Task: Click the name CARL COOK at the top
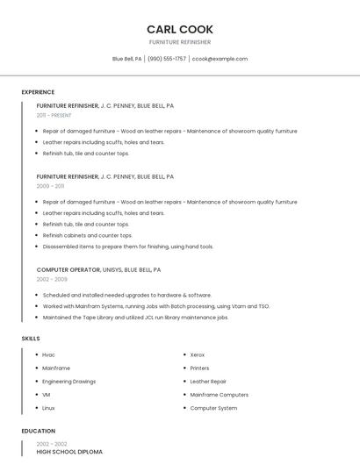pyautogui.click(x=179, y=30)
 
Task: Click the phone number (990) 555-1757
pyautogui.click(x=167, y=59)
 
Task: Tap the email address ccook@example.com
pyautogui.click(x=220, y=59)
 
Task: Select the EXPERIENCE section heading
pyautogui.click(x=38, y=92)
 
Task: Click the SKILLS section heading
pyautogui.click(x=31, y=338)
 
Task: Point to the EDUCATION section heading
pyautogui.click(x=38, y=431)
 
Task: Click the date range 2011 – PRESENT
pyautogui.click(x=54, y=115)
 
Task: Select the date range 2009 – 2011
pyautogui.click(x=50, y=186)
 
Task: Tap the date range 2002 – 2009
pyautogui.click(x=52, y=279)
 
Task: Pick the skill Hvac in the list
pyautogui.click(x=48, y=354)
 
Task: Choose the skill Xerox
pyautogui.click(x=198, y=354)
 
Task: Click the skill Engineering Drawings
pyautogui.click(x=68, y=382)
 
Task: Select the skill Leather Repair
pyautogui.click(x=208, y=382)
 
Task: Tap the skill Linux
pyautogui.click(x=48, y=408)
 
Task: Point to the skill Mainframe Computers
pyautogui.click(x=219, y=395)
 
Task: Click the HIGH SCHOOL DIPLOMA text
pyautogui.click(x=69, y=452)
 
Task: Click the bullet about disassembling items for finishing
pyautogui.click(x=127, y=247)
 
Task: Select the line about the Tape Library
pyautogui.click(x=135, y=317)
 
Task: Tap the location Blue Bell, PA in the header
pyautogui.click(x=126, y=59)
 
